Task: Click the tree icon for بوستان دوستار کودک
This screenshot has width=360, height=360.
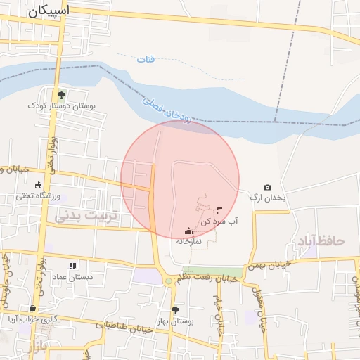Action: pyautogui.click(x=62, y=94)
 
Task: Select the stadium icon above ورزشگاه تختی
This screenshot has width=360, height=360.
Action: pyautogui.click(x=38, y=185)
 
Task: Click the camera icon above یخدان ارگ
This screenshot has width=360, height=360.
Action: pyautogui.click(x=267, y=187)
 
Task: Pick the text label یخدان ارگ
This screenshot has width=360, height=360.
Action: pyautogui.click(x=268, y=198)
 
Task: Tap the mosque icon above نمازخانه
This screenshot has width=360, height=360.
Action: pyautogui.click(x=188, y=231)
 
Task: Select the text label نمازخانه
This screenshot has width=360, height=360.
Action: pyautogui.click(x=188, y=241)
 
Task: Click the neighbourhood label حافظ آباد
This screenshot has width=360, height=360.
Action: pyautogui.click(x=321, y=241)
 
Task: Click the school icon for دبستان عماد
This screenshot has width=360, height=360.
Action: pyautogui.click(x=72, y=266)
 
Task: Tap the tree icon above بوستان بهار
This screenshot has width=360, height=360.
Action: pyautogui.click(x=175, y=310)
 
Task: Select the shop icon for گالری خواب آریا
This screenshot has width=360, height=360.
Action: pyautogui.click(x=32, y=308)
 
